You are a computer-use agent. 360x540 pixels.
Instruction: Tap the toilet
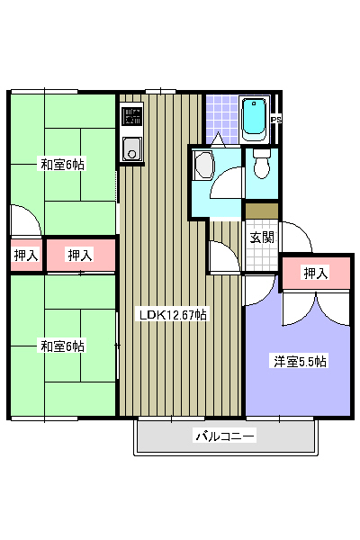(262, 163)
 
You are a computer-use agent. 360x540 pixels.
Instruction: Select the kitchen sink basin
(131, 148)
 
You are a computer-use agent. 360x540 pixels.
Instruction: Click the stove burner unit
(132, 116)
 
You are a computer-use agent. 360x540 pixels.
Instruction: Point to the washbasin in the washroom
(203, 165)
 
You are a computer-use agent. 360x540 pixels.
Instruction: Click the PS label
(276, 120)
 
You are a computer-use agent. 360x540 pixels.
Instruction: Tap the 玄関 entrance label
(262, 237)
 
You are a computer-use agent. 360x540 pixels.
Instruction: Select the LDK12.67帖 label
(173, 315)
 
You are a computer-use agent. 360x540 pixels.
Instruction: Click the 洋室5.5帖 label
(300, 361)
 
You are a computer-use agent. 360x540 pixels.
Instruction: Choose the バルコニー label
(225, 436)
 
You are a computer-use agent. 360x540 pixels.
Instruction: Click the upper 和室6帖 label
(62, 165)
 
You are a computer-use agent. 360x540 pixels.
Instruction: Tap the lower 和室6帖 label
(62, 346)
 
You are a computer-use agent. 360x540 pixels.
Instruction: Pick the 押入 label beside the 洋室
(315, 273)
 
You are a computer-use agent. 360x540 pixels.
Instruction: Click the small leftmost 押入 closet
(26, 255)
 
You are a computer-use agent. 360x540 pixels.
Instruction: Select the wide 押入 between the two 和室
(80, 255)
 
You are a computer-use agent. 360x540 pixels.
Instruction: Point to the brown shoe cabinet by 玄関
(262, 211)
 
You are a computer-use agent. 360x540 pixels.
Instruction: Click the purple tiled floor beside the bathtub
(222, 119)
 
